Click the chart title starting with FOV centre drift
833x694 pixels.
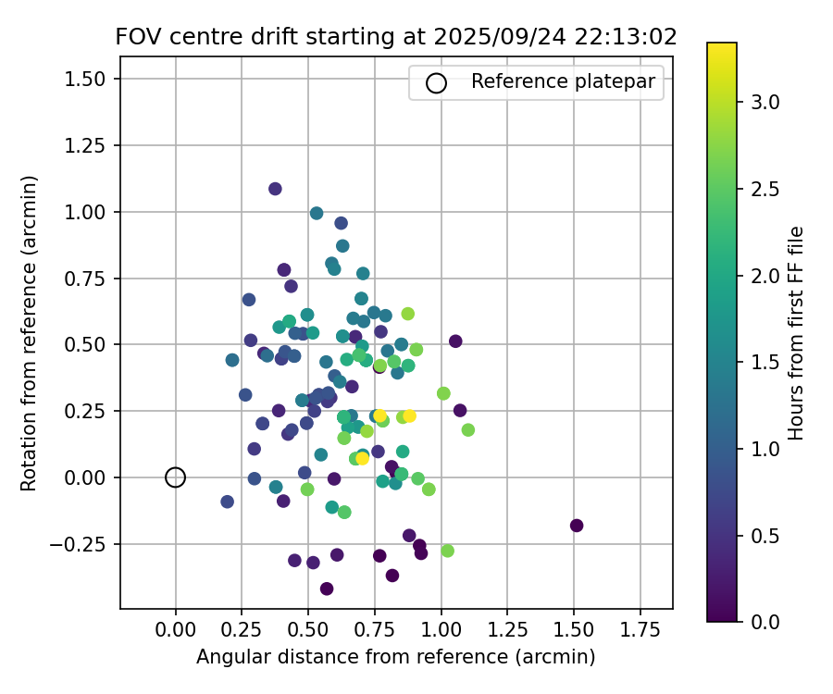[x=396, y=37]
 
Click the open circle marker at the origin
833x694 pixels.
[x=176, y=477]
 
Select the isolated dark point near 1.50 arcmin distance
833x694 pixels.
[x=577, y=526]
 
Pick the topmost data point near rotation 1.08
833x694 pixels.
[x=275, y=189]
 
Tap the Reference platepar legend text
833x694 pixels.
[x=563, y=81]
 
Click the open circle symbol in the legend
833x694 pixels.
[x=436, y=82]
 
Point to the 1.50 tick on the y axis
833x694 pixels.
[x=88, y=80]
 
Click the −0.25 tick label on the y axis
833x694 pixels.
[x=82, y=544]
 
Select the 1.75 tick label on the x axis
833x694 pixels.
[x=639, y=630]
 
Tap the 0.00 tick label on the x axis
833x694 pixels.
[x=176, y=630]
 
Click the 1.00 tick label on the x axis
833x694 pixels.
[x=441, y=630]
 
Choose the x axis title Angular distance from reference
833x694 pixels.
[x=395, y=657]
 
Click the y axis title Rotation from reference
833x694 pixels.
[x=29, y=333]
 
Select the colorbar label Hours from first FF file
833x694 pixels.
[x=795, y=333]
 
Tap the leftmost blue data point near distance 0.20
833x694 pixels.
[x=228, y=502]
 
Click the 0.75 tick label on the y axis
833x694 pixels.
[x=88, y=279]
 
